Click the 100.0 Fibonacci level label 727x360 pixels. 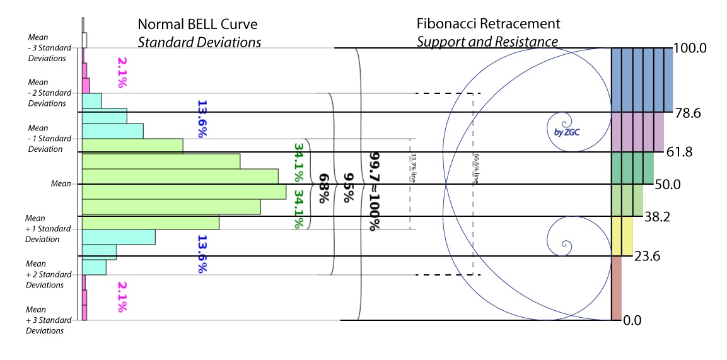pyautogui.click(x=695, y=48)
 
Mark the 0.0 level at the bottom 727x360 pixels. pyautogui.click(x=632, y=320)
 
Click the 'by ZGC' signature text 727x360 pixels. pyautogui.click(x=558, y=132)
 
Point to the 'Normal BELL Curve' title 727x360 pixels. pyautogui.click(x=198, y=25)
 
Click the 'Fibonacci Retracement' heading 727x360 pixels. pyautogui.click(x=488, y=24)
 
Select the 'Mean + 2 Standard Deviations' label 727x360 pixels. pyautogui.click(x=45, y=274)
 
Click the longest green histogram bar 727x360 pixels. pyautogui.click(x=183, y=192)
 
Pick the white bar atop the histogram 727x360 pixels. pyautogui.click(x=84, y=40)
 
